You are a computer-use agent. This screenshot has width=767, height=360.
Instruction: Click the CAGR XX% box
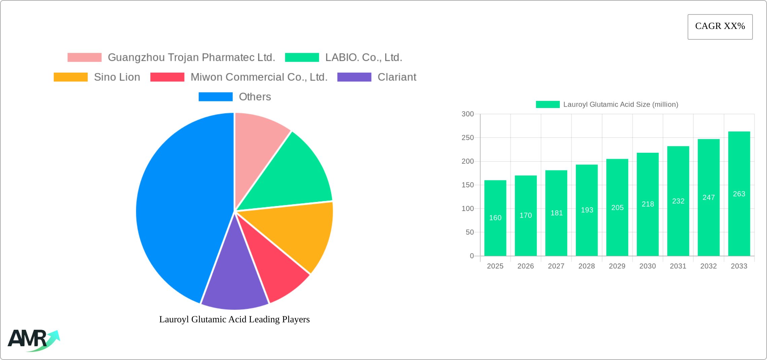coord(720,27)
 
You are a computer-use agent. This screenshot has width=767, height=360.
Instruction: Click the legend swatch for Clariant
coord(354,77)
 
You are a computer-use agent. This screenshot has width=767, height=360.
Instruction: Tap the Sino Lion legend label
coord(117,77)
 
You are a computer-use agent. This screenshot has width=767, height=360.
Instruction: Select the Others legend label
coord(255,97)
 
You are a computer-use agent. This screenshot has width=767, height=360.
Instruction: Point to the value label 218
coord(648,204)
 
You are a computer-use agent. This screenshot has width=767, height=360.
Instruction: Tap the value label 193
coord(587,210)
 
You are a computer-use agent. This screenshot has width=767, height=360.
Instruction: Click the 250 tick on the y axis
coord(468,138)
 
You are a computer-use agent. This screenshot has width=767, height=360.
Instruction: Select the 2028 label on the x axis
coord(587,266)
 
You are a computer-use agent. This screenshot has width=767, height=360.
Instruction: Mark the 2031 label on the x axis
coord(678,266)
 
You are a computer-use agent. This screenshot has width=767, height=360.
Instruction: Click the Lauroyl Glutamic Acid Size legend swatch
coord(548,105)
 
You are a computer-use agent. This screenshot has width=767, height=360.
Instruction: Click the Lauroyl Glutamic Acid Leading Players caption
coord(234,319)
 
